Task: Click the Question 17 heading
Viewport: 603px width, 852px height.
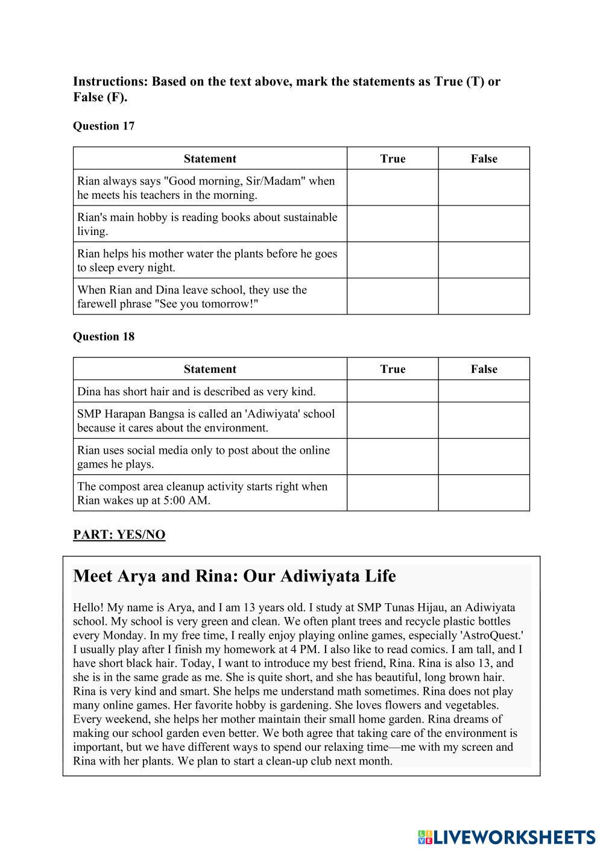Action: (104, 126)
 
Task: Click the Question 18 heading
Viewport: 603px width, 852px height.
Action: (104, 336)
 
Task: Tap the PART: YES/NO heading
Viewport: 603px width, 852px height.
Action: (119, 534)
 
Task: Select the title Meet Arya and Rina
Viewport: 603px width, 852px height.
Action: (234, 576)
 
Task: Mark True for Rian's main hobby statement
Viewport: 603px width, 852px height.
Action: (392, 224)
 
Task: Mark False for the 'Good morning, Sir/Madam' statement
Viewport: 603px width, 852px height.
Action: (484, 187)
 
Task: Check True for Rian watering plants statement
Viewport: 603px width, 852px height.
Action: (392, 260)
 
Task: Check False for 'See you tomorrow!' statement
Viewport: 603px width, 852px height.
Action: (484, 296)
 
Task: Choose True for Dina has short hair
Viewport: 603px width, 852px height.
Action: (392, 391)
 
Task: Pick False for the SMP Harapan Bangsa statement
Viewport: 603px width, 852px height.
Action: (484, 421)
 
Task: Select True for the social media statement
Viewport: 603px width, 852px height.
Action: (392, 457)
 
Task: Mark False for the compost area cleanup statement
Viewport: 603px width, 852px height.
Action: (484, 493)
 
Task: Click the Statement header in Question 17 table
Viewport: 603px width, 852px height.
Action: (210, 158)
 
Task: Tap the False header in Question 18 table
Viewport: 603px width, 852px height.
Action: (484, 369)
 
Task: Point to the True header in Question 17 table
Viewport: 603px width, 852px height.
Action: (393, 158)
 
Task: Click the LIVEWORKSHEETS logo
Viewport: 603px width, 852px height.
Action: (507, 836)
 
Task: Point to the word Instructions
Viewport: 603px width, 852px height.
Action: (110, 81)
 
